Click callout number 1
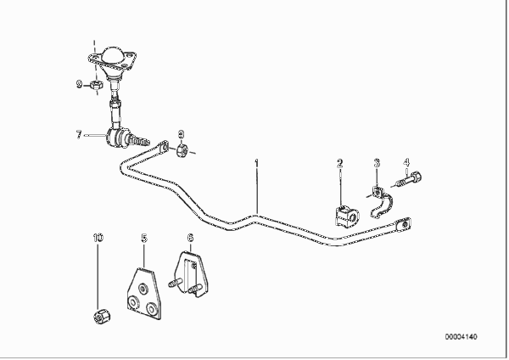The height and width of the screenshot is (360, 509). pos(257,161)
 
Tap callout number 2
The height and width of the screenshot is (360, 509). pos(339,163)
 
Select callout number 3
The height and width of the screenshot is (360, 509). pos(378,163)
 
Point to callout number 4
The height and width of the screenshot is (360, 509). pos(406,162)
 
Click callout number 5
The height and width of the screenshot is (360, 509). pos(143,239)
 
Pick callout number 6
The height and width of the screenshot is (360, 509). pos(190,239)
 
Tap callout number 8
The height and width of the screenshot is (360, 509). pos(180,133)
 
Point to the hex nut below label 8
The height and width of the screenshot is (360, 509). pos(181,153)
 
